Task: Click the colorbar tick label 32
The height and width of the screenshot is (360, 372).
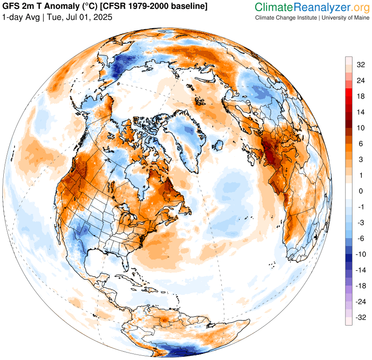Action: (361, 65)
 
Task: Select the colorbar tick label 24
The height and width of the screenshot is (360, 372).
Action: (361, 80)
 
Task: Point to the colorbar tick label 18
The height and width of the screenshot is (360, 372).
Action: (361, 96)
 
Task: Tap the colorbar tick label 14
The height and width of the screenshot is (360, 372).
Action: (361, 112)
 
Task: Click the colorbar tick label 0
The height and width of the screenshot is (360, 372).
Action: (361, 191)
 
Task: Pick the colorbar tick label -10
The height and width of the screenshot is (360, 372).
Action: (361, 254)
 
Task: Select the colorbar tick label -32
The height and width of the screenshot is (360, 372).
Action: (361, 318)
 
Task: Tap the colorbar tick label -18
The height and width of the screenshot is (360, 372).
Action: (361, 286)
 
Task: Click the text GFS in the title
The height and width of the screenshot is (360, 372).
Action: (11, 7)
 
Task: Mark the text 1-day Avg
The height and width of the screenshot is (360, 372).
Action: (20, 17)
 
